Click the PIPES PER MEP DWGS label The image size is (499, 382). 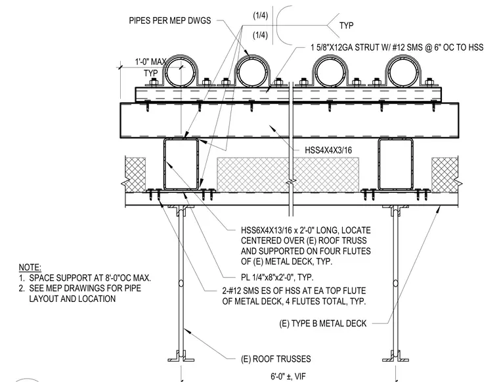click(x=169, y=20)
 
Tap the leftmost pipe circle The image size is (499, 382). click(x=167, y=72)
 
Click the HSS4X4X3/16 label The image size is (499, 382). click(x=328, y=150)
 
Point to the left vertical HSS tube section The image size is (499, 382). click(x=165, y=164)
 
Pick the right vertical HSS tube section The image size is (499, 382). click(x=380, y=164)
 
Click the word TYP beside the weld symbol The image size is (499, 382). click(x=347, y=26)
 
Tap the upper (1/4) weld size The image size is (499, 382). click(x=260, y=16)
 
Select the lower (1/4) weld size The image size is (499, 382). click(x=260, y=35)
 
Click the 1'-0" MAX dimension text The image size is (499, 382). click(x=150, y=62)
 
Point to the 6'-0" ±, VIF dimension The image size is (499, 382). click(x=288, y=377)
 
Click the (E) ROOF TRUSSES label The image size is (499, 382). click(x=276, y=359)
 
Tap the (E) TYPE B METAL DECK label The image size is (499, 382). click(x=323, y=324)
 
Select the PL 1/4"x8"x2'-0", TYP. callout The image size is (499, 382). click(x=277, y=277)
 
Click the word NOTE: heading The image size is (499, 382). click(x=30, y=267)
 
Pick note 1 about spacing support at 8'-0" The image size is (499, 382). click(x=85, y=278)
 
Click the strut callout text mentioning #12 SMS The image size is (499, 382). click(x=397, y=47)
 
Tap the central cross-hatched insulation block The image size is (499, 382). click(x=288, y=175)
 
